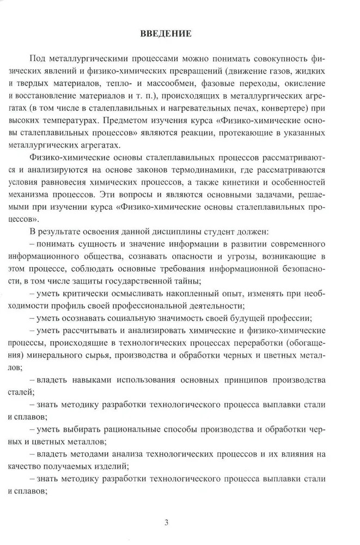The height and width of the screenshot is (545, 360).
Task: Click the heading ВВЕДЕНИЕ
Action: pyautogui.click(x=165, y=34)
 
